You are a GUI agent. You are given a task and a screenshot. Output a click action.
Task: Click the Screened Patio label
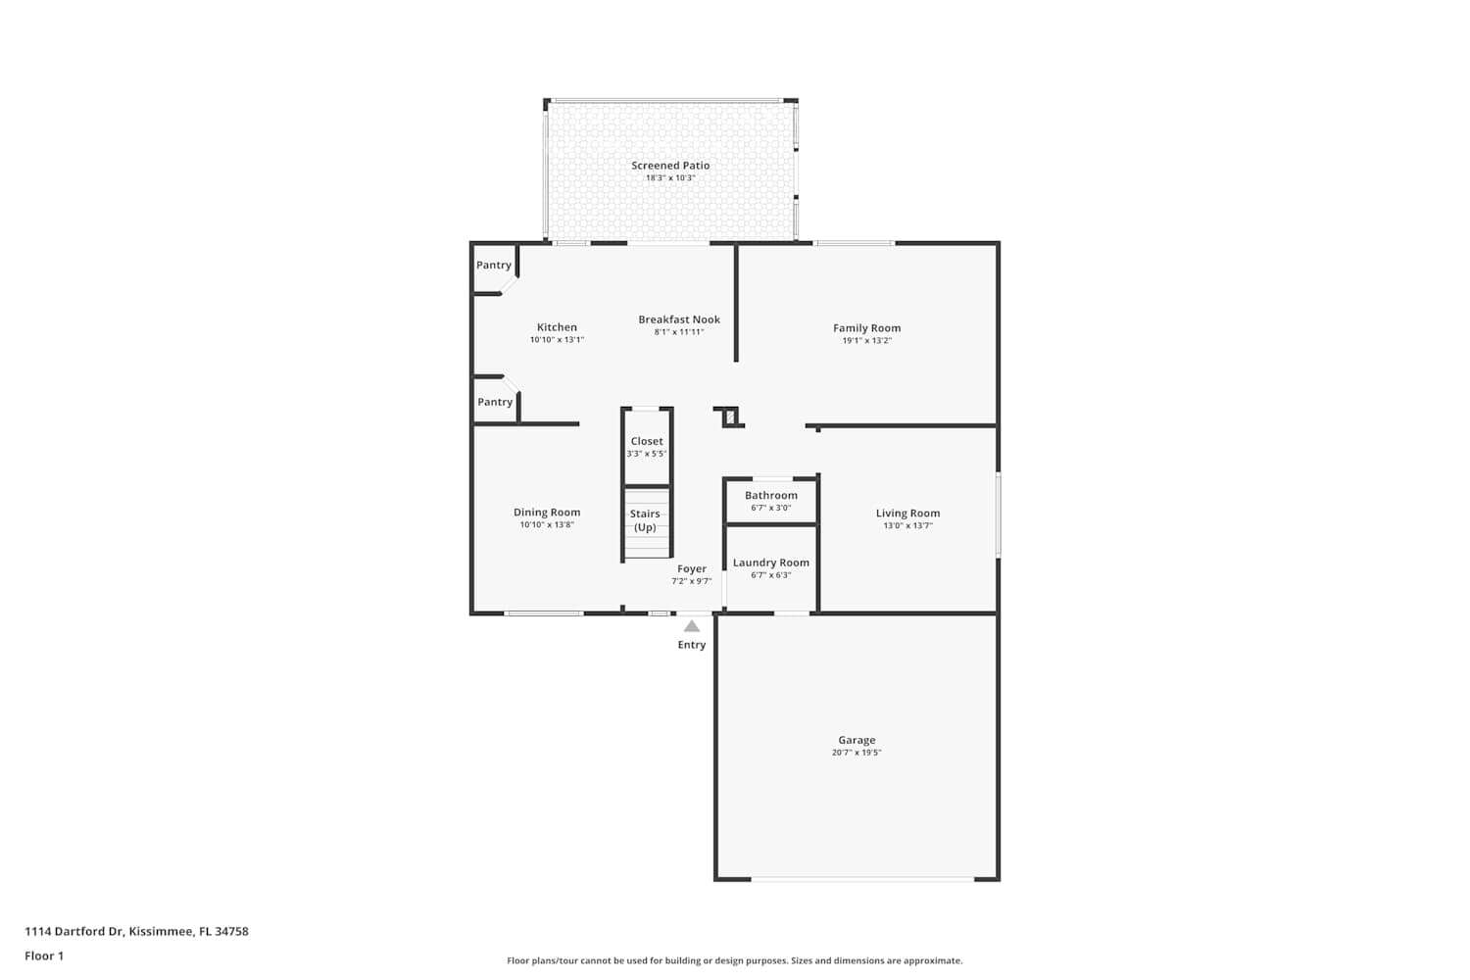670,166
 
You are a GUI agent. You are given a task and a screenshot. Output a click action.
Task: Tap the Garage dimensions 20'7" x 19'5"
857,753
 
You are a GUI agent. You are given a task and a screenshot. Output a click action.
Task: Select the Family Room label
866,328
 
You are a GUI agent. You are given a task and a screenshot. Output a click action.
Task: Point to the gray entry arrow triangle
692,626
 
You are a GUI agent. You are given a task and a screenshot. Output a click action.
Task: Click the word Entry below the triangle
692,645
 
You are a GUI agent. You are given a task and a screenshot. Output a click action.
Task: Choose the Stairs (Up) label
645,520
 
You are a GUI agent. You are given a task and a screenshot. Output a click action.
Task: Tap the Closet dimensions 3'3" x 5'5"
647,454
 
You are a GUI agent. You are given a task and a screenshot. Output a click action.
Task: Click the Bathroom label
771,496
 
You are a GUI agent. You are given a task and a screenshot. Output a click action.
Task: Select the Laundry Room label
771,563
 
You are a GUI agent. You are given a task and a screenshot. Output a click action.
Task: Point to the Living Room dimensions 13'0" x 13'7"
907,525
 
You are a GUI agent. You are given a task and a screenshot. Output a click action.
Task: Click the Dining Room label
547,513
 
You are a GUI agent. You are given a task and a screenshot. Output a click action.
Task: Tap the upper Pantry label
494,266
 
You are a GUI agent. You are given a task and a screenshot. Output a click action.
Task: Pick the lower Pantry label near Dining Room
495,402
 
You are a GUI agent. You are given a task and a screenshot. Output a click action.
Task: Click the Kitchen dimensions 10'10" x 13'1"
557,340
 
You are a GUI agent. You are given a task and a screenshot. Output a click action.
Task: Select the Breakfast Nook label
679,319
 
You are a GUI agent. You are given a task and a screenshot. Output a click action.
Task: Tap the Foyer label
692,568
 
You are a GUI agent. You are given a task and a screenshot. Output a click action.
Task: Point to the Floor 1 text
44,955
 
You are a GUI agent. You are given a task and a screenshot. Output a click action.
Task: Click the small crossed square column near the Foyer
729,417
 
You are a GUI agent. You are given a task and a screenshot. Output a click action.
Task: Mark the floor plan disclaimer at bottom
734,960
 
